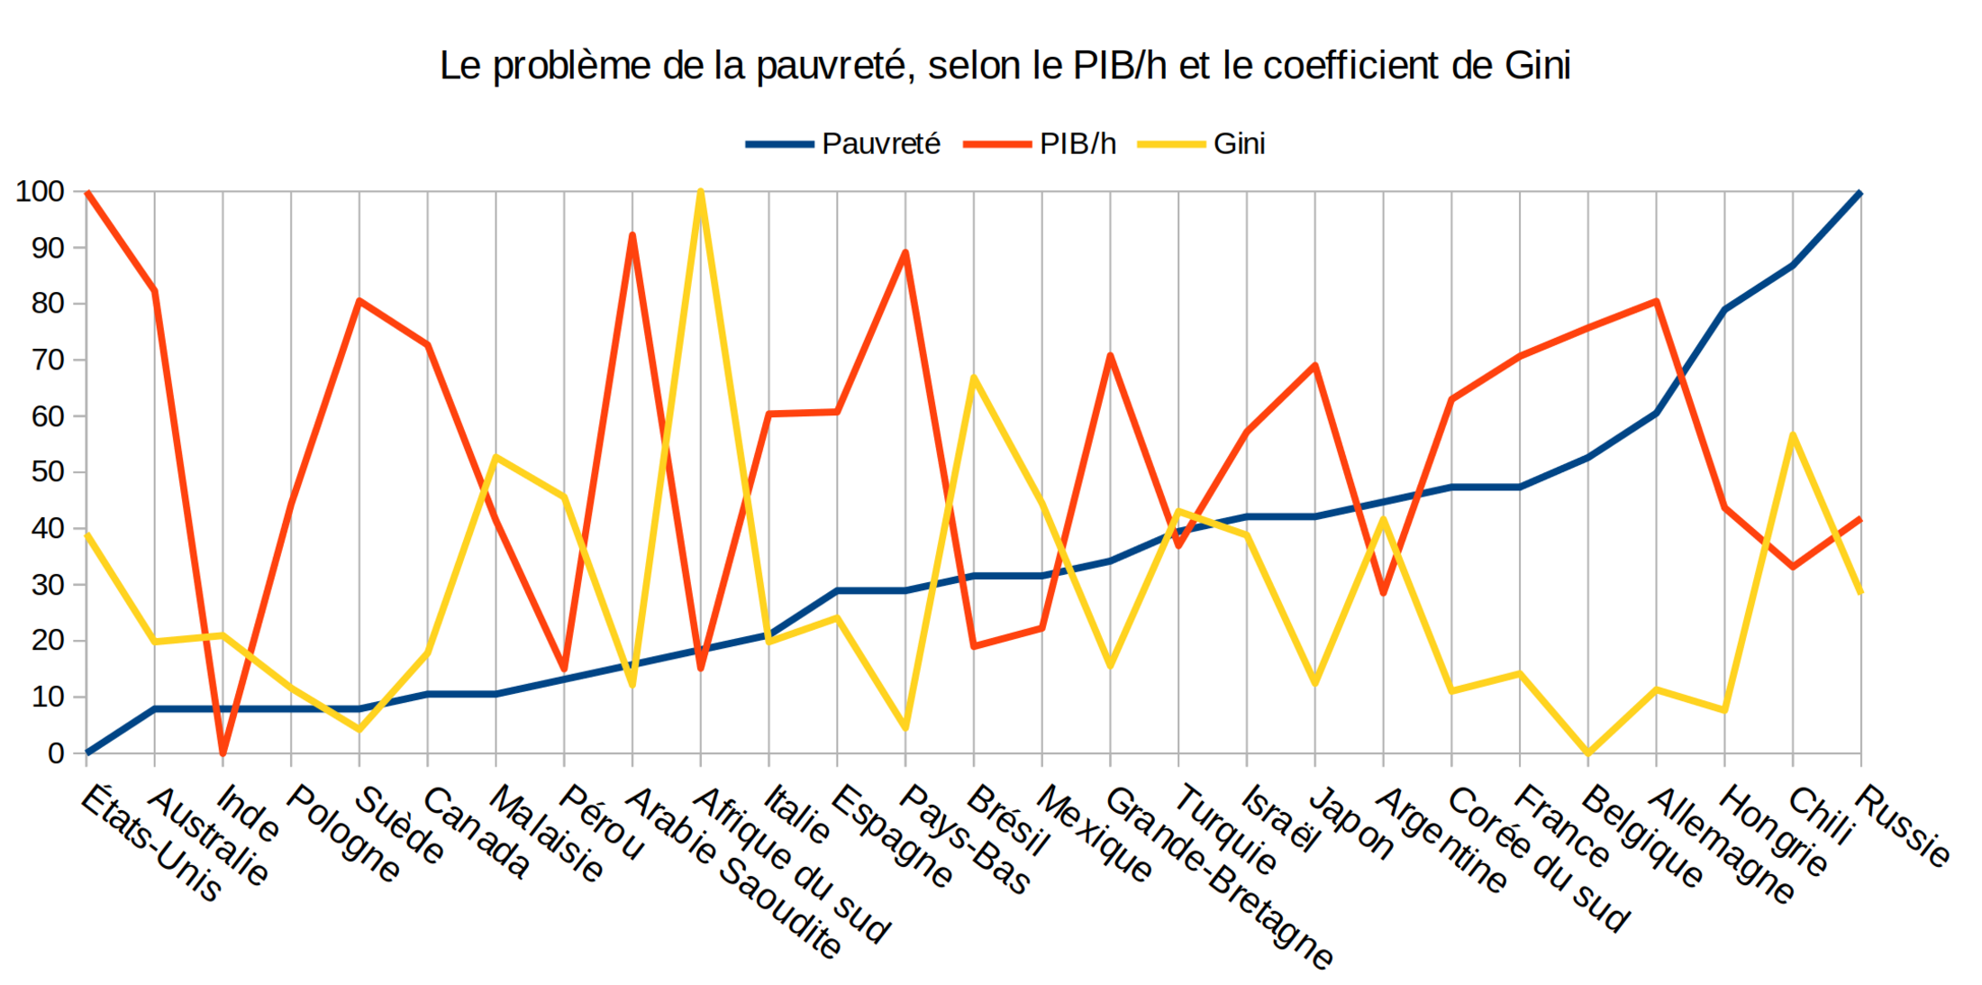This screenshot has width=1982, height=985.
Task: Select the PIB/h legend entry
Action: (1077, 144)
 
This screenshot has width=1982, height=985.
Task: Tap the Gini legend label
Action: (1238, 144)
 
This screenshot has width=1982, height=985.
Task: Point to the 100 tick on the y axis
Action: (41, 192)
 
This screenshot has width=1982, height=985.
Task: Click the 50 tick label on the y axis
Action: (48, 472)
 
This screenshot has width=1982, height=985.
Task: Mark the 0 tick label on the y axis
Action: (56, 753)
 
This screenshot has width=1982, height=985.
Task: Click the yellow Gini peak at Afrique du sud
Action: (701, 192)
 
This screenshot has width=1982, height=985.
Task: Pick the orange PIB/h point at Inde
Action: (223, 752)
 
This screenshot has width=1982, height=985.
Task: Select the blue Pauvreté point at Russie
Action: (1860, 193)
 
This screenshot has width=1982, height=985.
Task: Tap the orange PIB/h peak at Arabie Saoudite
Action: (632, 235)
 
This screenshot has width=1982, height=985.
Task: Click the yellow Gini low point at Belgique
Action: (1587, 752)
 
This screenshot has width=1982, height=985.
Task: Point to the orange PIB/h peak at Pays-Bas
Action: (905, 252)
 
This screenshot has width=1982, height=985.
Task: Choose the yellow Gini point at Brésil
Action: (974, 377)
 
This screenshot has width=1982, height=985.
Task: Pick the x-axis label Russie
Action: (1903, 825)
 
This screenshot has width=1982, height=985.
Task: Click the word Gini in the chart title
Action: (1537, 66)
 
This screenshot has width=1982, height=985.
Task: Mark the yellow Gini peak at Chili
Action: (1793, 434)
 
